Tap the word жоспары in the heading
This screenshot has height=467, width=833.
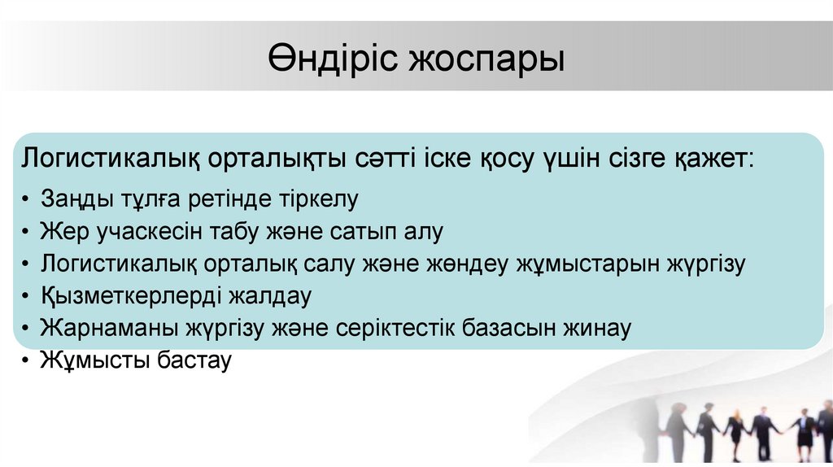coord(486,60)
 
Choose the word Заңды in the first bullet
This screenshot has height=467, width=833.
coord(76,199)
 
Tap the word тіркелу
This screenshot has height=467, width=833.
coord(318,199)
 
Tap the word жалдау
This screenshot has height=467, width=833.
coord(270,296)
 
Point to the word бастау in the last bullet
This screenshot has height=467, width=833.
coord(194,360)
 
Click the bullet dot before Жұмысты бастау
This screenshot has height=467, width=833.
coord(25,360)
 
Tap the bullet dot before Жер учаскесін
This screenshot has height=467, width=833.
coord(25,232)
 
